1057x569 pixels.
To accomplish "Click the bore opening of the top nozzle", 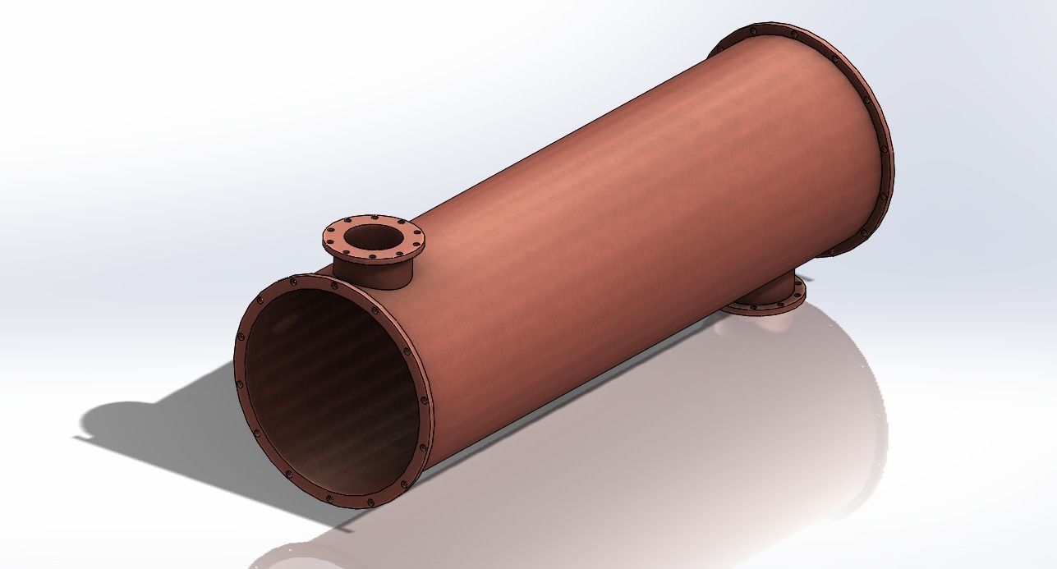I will click(x=373, y=238).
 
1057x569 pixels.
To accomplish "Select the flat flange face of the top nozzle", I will click(x=411, y=244).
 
